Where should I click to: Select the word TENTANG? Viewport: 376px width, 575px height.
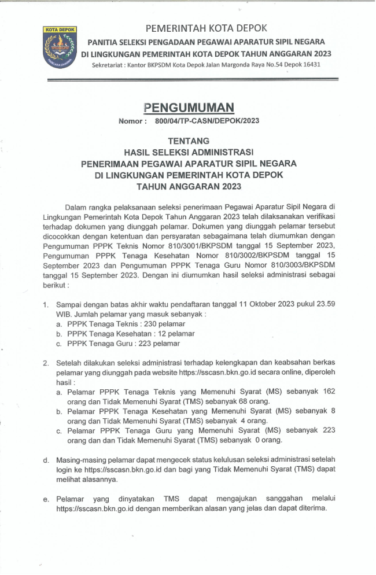[x=188, y=141]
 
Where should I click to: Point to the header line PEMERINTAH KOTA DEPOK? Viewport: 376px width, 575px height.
[x=206, y=28]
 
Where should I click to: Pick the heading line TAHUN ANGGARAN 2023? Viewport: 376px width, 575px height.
[x=188, y=187]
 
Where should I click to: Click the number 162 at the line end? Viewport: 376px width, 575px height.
[x=329, y=392]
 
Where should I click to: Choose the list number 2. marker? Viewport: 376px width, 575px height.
[x=46, y=363]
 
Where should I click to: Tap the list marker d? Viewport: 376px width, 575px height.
[x=46, y=460]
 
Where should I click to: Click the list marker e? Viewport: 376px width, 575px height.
[x=46, y=499]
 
